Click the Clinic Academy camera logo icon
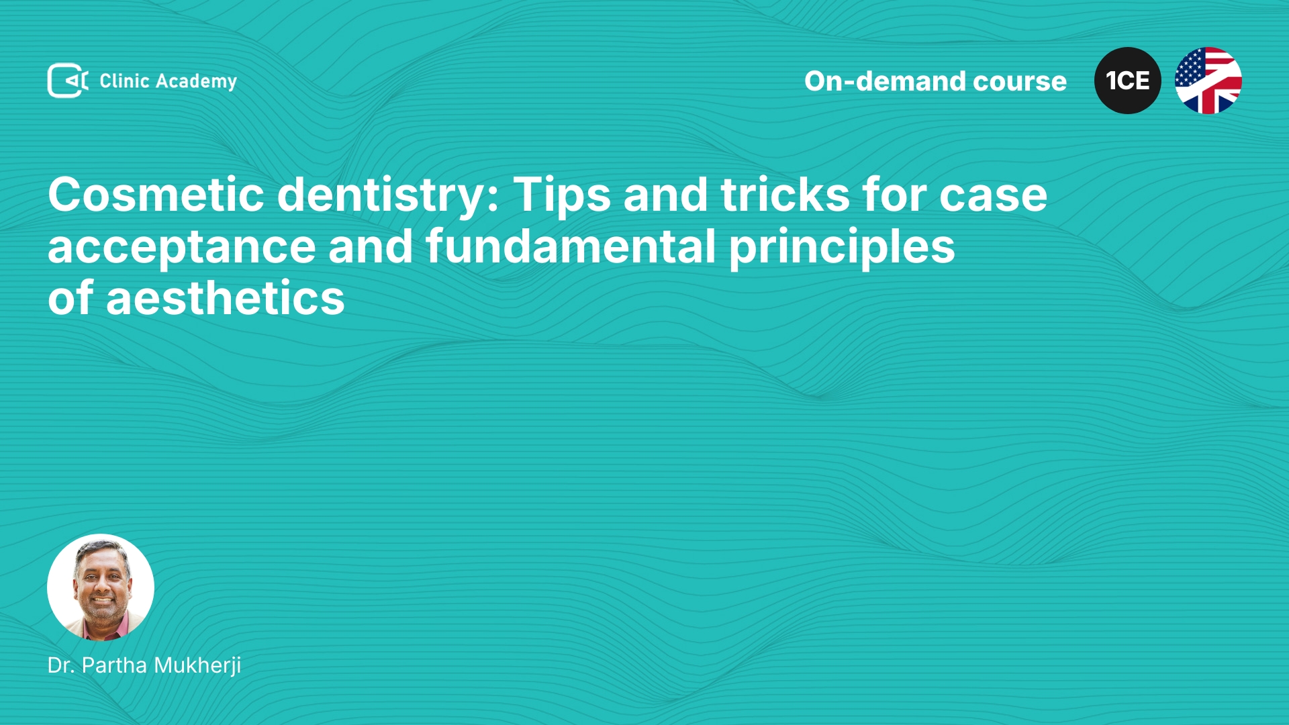coord(68,81)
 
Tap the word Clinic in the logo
coord(124,81)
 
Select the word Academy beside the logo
coord(196,82)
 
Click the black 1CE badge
coord(1128,81)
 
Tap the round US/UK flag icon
coord(1208,81)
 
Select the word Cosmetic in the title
coord(156,195)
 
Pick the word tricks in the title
coord(785,195)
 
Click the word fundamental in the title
coord(571,246)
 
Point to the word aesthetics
coord(226,298)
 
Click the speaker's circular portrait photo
coord(101,587)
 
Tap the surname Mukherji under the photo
coord(197,666)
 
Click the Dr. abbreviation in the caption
coord(61,665)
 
